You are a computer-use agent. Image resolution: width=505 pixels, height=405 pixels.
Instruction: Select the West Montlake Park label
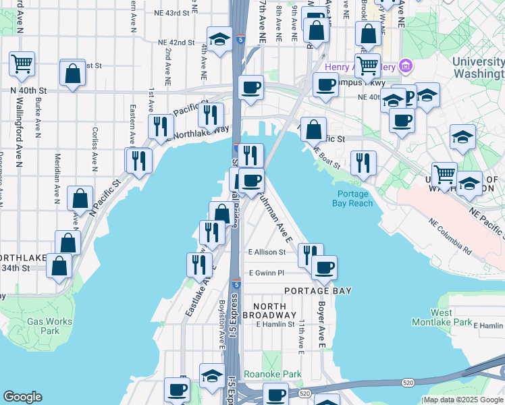[x=452, y=317]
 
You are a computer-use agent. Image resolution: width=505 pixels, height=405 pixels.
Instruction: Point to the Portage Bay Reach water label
[x=353, y=198]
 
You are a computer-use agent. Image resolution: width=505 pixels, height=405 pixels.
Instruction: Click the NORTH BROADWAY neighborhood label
[x=269, y=310]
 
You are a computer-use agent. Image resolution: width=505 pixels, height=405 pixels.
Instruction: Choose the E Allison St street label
[x=267, y=252]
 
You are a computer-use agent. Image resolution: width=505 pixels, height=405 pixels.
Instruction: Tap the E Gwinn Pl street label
[x=267, y=273]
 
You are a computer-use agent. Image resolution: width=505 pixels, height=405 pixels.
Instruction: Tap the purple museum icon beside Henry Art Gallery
[x=405, y=66]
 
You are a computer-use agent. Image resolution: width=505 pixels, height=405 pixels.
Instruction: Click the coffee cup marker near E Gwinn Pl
[x=324, y=267]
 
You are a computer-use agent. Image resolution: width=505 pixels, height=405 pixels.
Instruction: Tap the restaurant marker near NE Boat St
[x=363, y=162]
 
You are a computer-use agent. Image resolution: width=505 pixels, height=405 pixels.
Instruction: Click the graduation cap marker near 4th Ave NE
[x=219, y=39]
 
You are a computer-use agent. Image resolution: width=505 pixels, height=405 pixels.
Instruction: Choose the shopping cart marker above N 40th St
[x=22, y=64]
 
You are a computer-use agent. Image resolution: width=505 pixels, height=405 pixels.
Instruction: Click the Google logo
[x=22, y=397]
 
